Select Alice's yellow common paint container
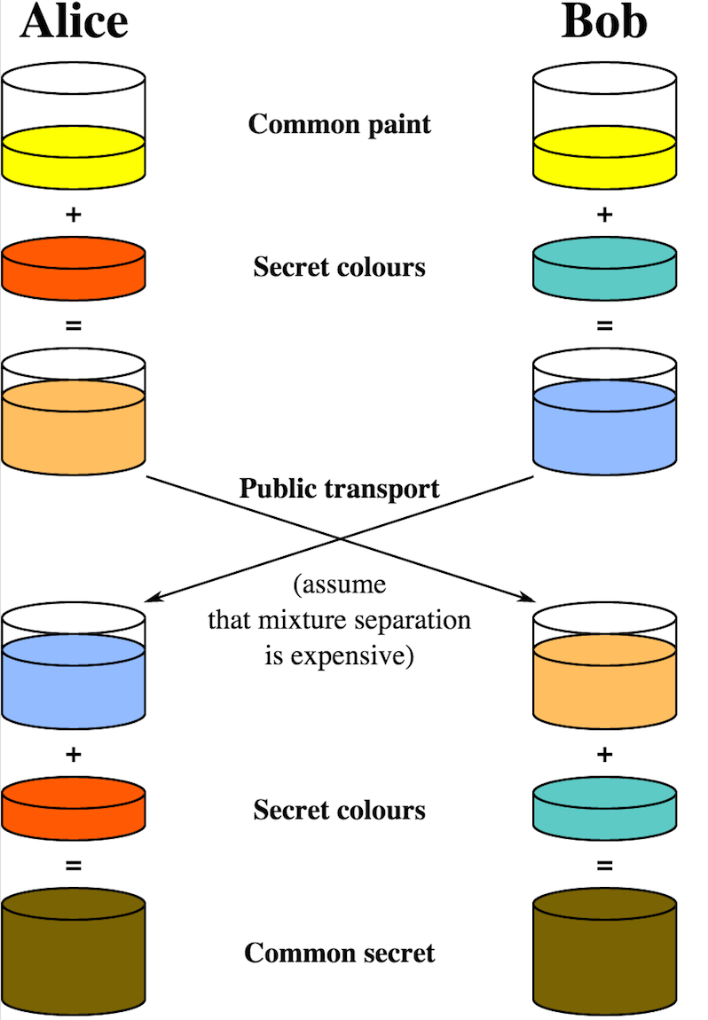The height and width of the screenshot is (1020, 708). (73, 133)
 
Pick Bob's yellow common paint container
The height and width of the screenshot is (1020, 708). (604, 133)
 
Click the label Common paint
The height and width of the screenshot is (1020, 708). (339, 123)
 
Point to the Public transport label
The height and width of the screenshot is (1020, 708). (339, 488)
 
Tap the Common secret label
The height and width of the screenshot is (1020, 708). (339, 953)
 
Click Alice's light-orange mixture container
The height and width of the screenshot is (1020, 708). (73, 417)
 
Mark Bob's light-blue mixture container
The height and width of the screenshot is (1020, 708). (604, 417)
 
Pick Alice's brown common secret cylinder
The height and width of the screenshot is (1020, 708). (73, 953)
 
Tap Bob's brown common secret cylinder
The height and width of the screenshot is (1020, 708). (604, 953)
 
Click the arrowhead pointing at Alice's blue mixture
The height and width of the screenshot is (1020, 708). (153, 600)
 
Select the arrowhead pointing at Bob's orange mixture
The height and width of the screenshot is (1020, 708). (523, 600)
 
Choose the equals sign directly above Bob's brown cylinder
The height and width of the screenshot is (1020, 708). (604, 865)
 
